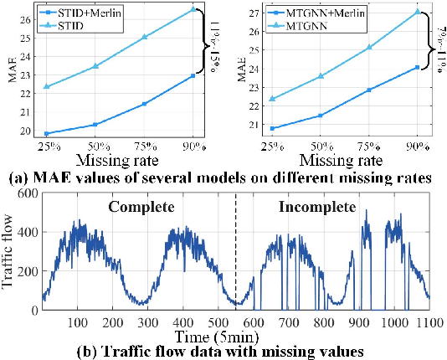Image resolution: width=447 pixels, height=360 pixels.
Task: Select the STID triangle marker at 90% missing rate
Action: coord(193,9)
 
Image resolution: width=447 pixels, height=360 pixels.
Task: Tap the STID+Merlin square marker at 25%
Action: coord(46,133)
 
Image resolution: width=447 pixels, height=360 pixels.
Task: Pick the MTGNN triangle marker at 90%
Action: coord(416,12)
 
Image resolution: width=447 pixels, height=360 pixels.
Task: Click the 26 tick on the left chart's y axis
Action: coord(27,18)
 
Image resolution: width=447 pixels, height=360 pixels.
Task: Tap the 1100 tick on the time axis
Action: coord(429,323)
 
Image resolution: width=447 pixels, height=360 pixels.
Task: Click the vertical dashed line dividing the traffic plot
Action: coord(235,251)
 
